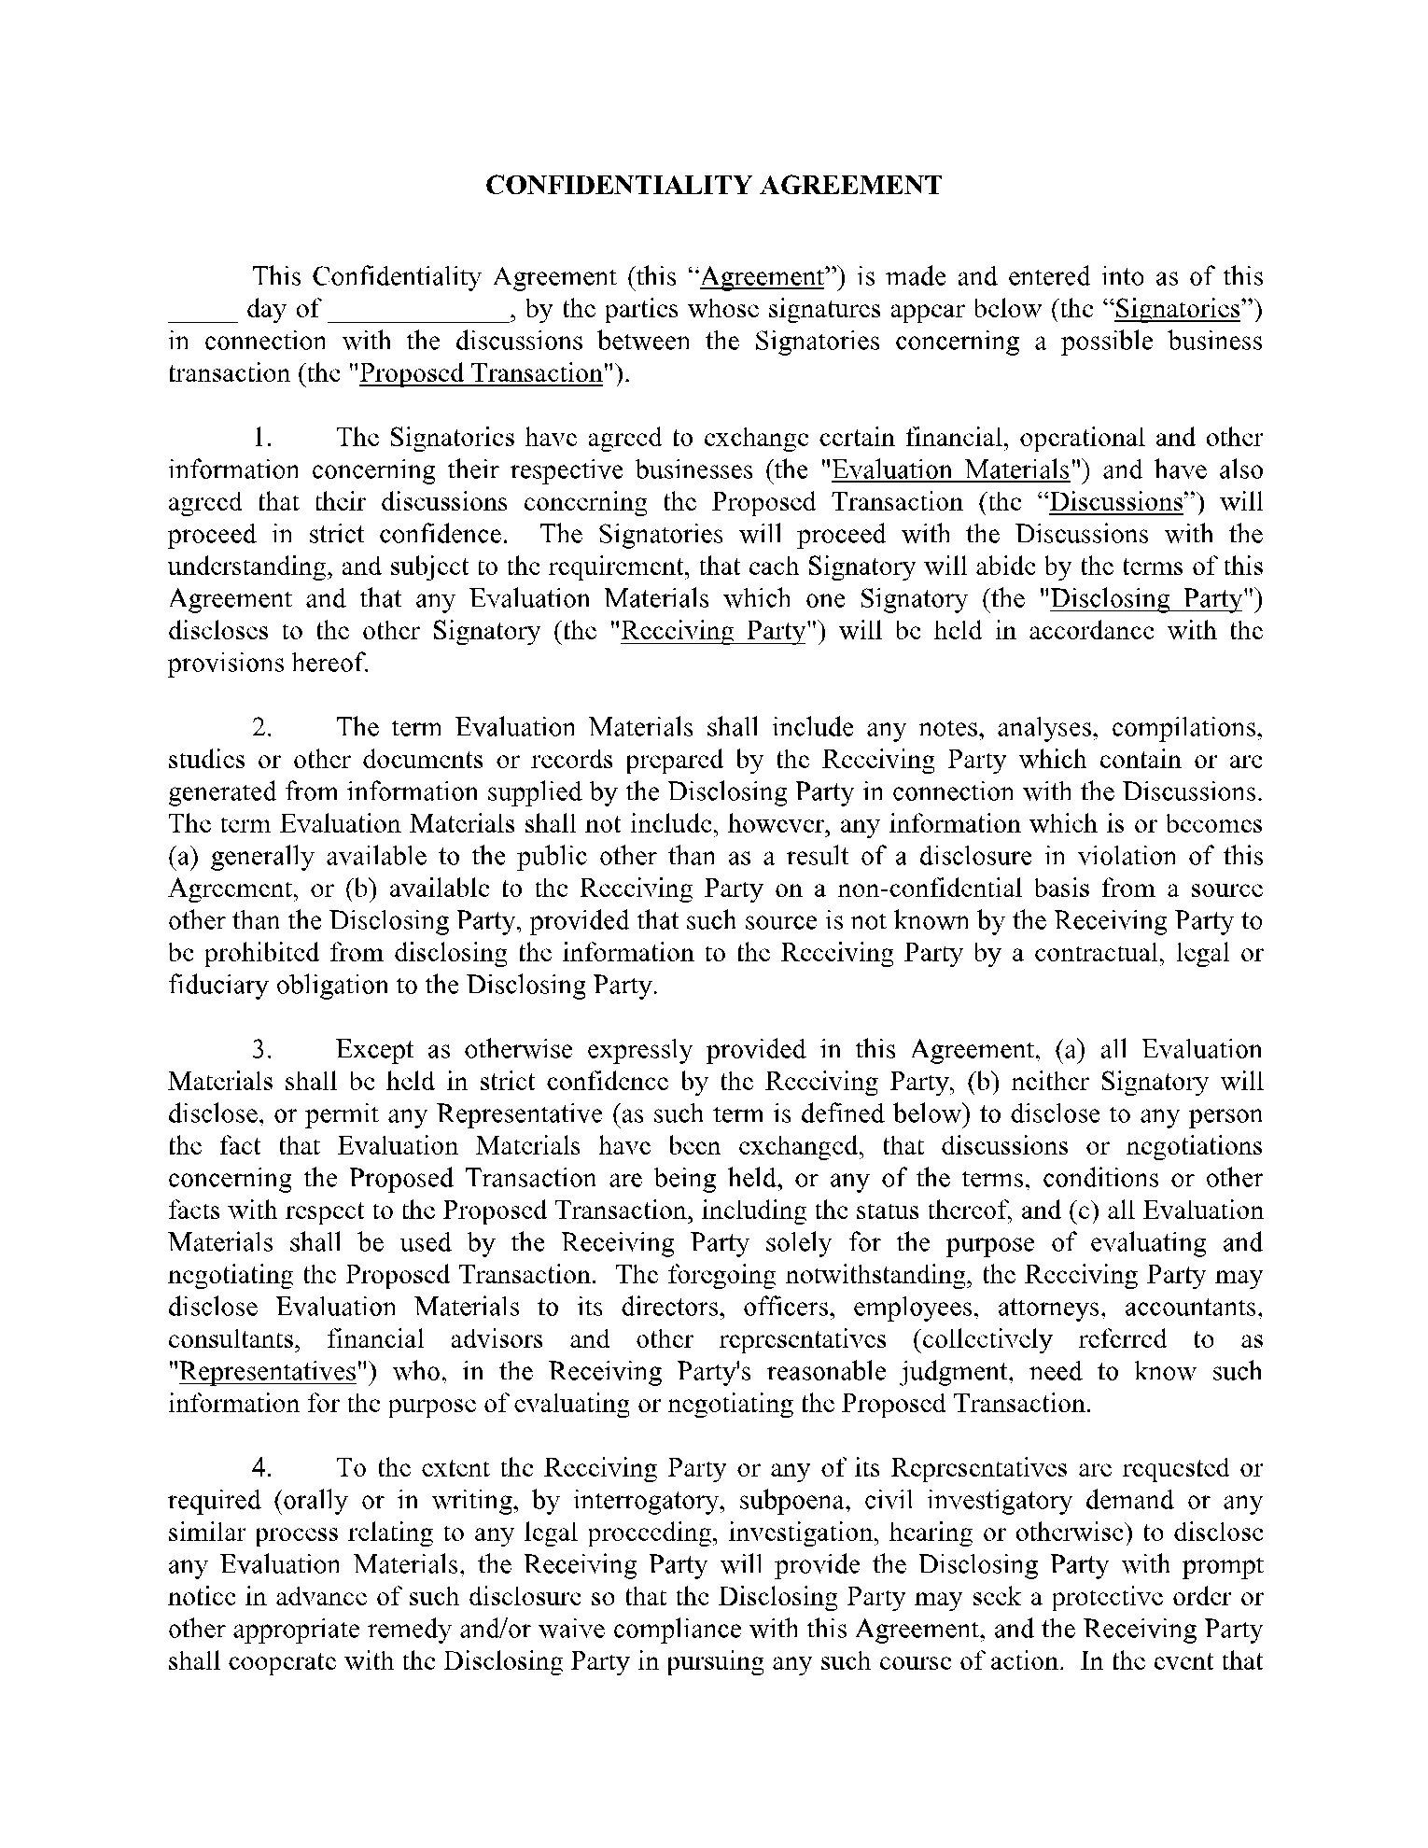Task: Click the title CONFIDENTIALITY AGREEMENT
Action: pos(714,185)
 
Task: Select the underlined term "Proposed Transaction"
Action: pos(482,373)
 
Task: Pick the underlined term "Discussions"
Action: pos(1116,502)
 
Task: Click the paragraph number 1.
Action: pos(262,438)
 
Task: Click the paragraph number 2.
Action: pos(262,727)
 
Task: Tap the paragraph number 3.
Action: pos(262,1049)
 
